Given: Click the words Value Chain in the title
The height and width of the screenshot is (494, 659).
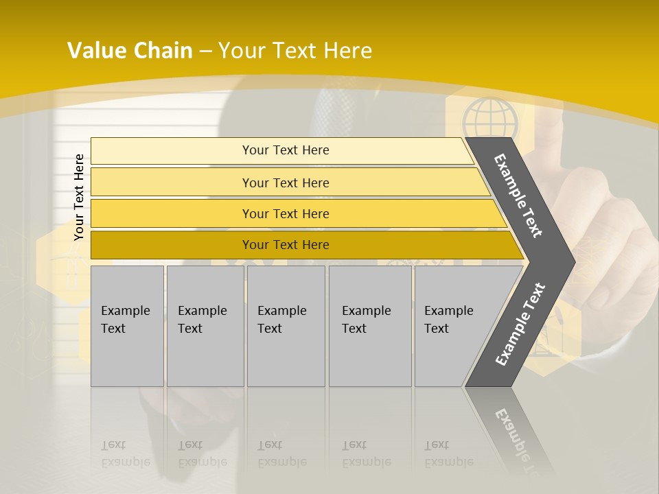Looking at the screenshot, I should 130,51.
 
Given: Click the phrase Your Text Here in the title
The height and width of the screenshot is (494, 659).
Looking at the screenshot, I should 295,51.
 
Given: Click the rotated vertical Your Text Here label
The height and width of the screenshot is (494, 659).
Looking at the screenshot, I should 79,198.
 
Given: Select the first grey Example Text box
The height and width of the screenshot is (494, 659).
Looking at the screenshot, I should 127,326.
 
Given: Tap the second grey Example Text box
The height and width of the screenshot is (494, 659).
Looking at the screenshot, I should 205,326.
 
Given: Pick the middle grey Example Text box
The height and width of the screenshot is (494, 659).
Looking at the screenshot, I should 286,326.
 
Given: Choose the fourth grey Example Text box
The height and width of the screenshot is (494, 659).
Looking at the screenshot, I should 370,326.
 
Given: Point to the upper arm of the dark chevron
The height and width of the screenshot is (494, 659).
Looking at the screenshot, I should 518,196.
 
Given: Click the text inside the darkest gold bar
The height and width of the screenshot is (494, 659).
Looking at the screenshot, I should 286,245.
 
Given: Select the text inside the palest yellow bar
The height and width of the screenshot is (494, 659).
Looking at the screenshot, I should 286,150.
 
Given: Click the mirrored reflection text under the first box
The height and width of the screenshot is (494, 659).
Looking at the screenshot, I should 126,453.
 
